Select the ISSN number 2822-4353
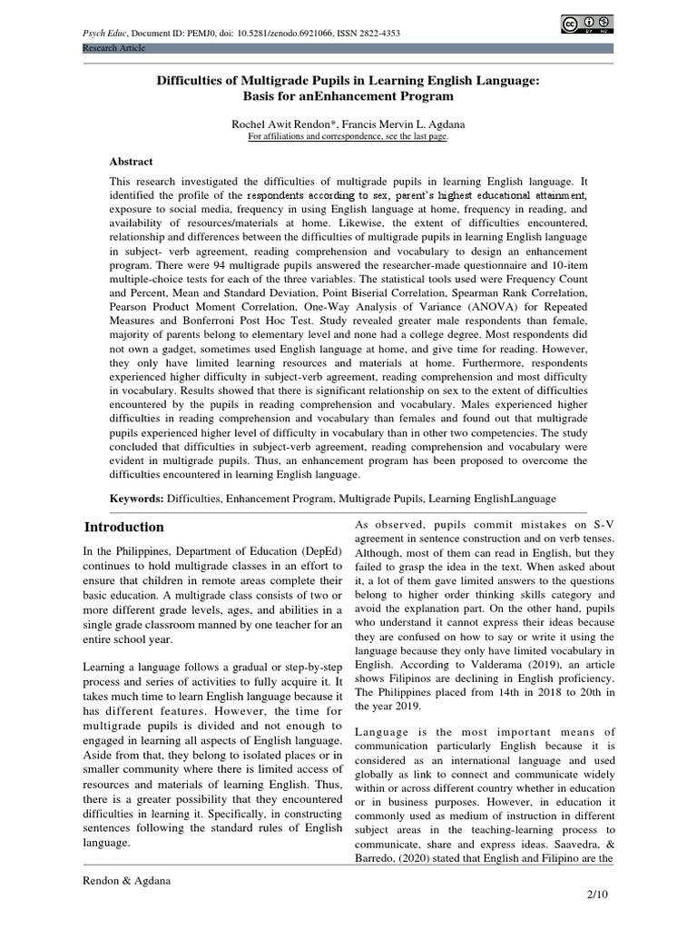click(380, 34)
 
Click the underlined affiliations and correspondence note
click(348, 136)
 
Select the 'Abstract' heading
click(132, 161)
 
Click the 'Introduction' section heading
click(124, 527)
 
